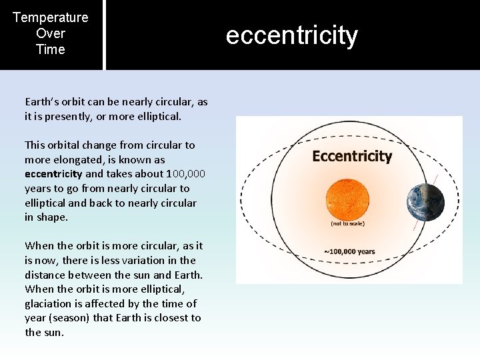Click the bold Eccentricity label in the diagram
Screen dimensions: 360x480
[352, 156]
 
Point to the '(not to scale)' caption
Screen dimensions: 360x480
[347, 223]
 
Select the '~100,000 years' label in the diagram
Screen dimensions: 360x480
[349, 252]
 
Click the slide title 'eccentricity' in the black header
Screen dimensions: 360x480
[291, 35]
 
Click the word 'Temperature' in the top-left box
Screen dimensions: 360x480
[51, 17]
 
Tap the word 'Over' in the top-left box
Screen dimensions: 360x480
[51, 33]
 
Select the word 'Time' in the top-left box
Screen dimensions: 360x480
[51, 49]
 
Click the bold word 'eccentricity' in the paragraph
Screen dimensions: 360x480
[53, 174]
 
